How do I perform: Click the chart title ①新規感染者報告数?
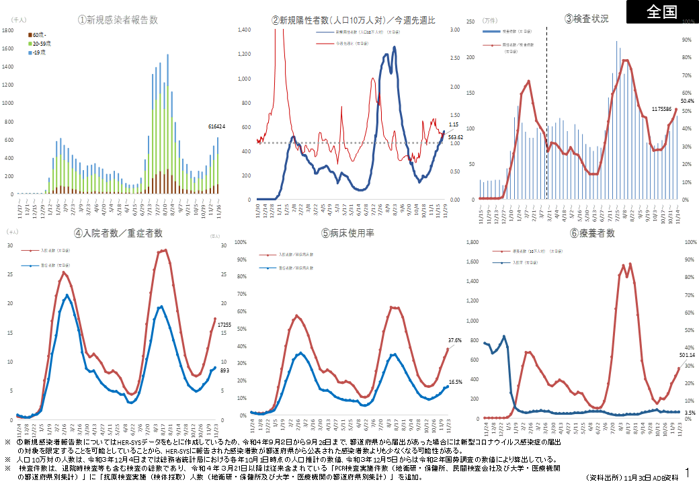pyautogui.click(x=118, y=20)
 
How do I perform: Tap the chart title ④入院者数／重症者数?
pyautogui.click(x=118, y=233)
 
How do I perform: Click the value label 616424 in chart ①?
pyautogui.click(x=216, y=126)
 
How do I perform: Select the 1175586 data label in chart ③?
pyautogui.click(x=665, y=108)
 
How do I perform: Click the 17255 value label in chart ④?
pyautogui.click(x=224, y=325)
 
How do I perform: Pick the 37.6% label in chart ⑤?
pyautogui.click(x=454, y=341)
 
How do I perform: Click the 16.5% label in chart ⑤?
pyautogui.click(x=455, y=382)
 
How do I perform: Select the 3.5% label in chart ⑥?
pyautogui.click(x=689, y=412)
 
